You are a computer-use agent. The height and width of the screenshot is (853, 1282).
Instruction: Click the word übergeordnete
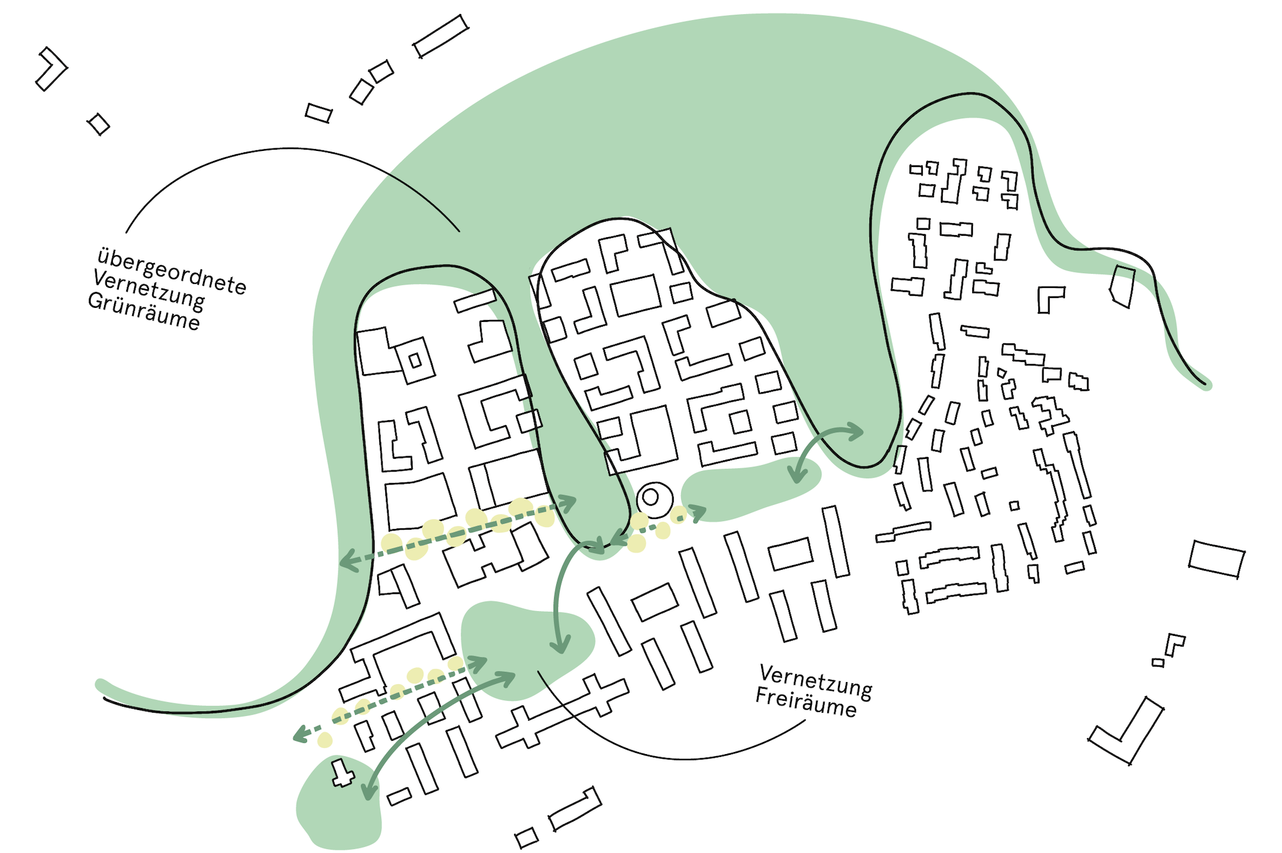pos(172,270)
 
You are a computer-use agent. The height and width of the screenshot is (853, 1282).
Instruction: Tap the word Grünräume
pos(144,311)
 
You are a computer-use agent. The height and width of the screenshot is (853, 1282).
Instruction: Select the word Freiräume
pos(805,702)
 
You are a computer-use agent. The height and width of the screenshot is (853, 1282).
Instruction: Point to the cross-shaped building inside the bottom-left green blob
pos(342,774)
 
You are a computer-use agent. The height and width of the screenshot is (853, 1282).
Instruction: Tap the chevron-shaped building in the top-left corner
pos(51,68)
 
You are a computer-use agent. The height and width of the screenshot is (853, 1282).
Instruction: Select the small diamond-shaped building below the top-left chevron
pos(99,124)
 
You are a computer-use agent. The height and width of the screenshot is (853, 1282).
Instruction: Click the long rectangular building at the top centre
pos(441,36)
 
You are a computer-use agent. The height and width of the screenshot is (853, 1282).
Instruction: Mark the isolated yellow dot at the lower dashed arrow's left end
pos(325,739)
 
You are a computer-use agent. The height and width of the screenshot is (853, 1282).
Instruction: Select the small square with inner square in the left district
pos(415,361)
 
